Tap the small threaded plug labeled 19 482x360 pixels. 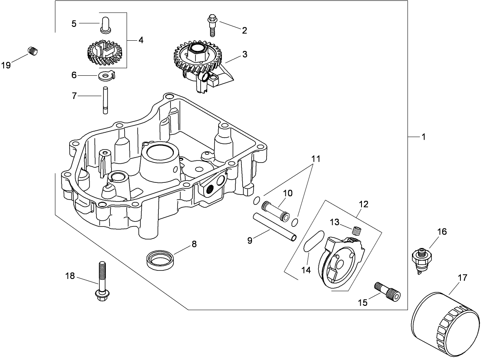pos(33,51)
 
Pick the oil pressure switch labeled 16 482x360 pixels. pos(422,259)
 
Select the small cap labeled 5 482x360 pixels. pos(105,24)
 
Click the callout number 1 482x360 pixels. pos(423,137)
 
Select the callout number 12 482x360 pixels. pos(364,204)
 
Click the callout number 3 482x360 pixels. pos(244,55)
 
